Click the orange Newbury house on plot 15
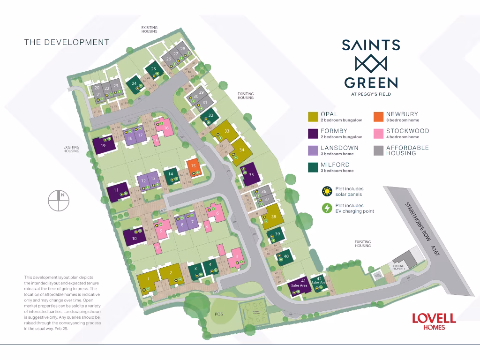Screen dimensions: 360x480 (194, 166)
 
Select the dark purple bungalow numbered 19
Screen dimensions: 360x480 (103, 145)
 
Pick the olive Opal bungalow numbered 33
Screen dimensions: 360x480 (223, 131)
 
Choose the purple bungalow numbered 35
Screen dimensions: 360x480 (249, 175)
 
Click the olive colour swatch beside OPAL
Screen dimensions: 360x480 (313, 117)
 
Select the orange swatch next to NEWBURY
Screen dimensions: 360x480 (378, 117)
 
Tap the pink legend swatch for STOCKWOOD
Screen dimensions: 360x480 (378, 134)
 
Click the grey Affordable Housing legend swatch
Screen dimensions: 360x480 (378, 150)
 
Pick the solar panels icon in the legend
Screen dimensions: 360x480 (326, 191)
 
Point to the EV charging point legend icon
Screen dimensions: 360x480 (326, 208)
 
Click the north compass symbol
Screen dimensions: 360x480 (59, 200)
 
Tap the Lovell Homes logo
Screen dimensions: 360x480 (434, 321)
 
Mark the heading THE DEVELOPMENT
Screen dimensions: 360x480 (67, 42)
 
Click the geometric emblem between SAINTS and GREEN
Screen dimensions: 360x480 (370, 64)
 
